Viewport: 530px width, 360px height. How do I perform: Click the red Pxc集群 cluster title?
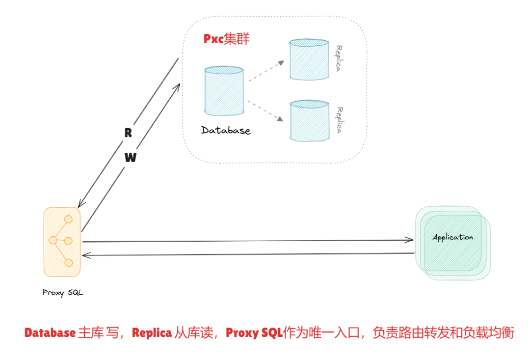226,39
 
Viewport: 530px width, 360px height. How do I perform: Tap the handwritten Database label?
226,131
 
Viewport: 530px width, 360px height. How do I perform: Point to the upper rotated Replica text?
338,59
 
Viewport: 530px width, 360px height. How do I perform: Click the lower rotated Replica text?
338,120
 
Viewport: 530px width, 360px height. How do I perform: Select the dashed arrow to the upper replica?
266,71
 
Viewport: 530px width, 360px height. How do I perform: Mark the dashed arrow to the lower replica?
266,111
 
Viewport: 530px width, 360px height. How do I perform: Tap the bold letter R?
128,133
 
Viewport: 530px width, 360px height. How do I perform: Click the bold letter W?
130,158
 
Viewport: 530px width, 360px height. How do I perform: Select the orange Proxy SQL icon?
62,241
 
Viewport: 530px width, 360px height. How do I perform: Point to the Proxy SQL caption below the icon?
62,293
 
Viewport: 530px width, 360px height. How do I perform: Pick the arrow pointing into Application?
248,241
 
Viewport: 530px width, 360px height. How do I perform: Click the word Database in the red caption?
50,333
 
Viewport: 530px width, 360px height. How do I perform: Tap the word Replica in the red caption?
151,333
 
